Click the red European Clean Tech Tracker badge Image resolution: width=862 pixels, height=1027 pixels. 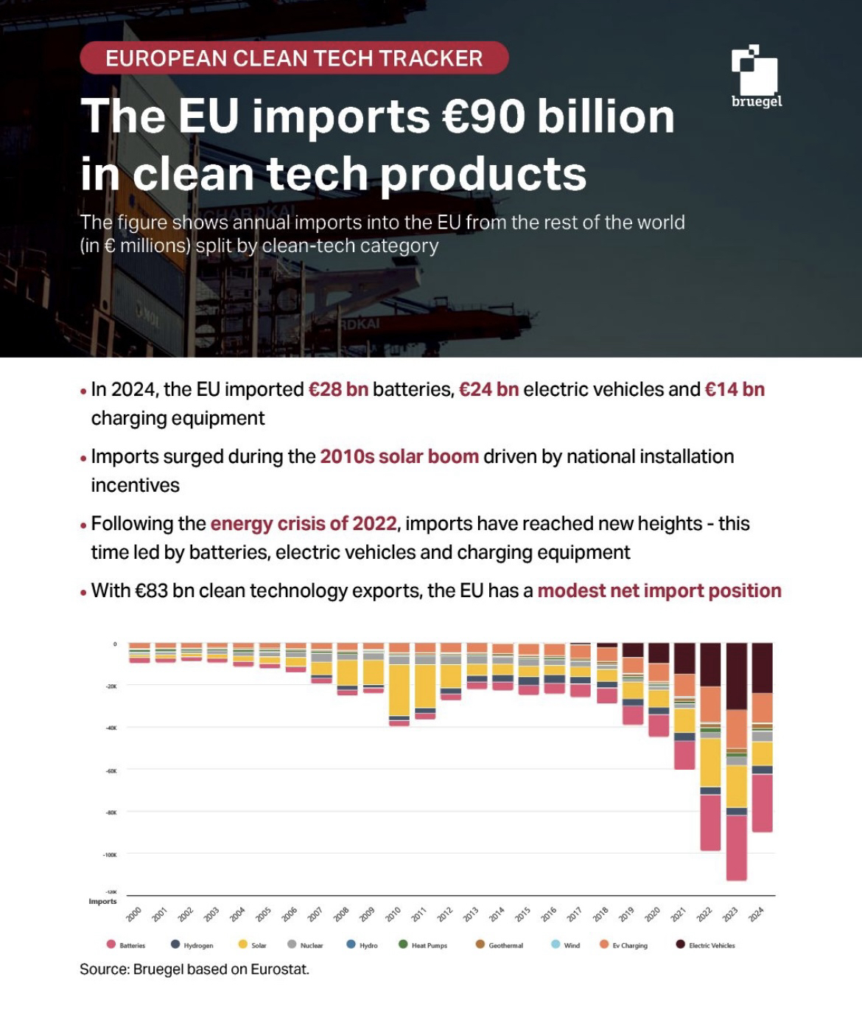[x=294, y=58]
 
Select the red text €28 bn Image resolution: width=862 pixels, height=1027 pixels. [x=338, y=389]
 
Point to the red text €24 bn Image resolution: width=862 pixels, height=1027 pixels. [x=488, y=389]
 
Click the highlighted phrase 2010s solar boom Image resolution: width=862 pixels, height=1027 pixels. [x=399, y=456]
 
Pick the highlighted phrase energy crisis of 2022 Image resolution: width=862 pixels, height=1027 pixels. [x=304, y=523]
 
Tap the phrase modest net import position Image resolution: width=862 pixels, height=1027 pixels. [x=659, y=591]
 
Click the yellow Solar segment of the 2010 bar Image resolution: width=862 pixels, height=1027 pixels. [x=399, y=690]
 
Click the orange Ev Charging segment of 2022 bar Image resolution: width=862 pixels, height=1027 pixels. [x=710, y=704]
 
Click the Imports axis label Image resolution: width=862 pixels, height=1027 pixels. [x=102, y=901]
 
